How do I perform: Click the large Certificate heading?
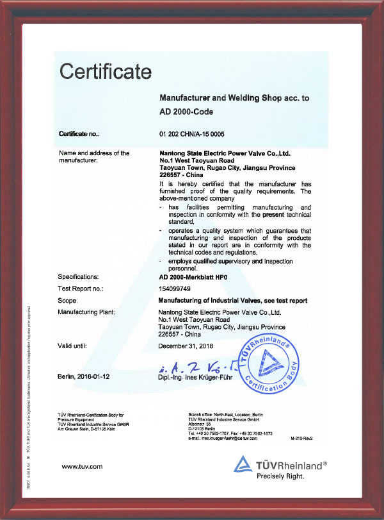(x=105, y=70)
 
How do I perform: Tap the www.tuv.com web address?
(x=81, y=466)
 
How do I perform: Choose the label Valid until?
(x=76, y=346)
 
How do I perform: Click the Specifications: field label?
(x=83, y=276)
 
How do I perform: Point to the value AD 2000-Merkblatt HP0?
(x=197, y=276)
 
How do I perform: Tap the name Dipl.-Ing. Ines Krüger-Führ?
(x=200, y=378)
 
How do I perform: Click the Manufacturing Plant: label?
(x=86, y=312)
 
